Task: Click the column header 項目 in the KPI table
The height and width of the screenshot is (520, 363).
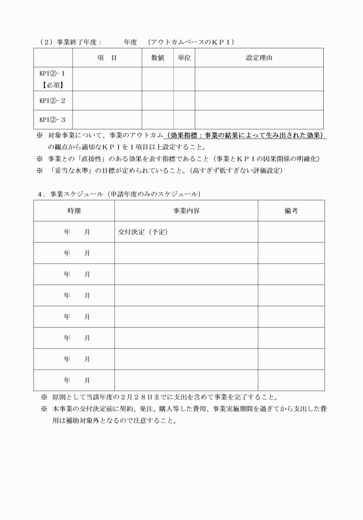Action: click(107, 58)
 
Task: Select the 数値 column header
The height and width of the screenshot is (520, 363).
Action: click(158, 58)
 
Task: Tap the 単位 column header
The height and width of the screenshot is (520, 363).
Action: click(184, 58)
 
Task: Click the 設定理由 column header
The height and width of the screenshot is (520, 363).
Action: click(259, 58)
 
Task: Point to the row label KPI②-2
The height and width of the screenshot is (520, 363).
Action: click(52, 100)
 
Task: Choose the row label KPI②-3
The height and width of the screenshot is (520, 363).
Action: click(52, 119)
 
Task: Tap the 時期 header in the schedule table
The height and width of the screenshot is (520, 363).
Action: click(74, 211)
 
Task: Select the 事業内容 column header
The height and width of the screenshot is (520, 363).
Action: click(186, 211)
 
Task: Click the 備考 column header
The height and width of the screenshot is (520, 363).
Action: click(290, 211)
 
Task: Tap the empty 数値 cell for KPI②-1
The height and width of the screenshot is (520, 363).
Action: click(158, 79)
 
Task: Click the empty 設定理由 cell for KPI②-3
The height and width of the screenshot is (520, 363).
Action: click(259, 119)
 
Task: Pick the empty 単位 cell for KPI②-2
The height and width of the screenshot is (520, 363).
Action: click(184, 100)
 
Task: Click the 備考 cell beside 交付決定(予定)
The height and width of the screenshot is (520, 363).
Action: click(290, 232)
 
